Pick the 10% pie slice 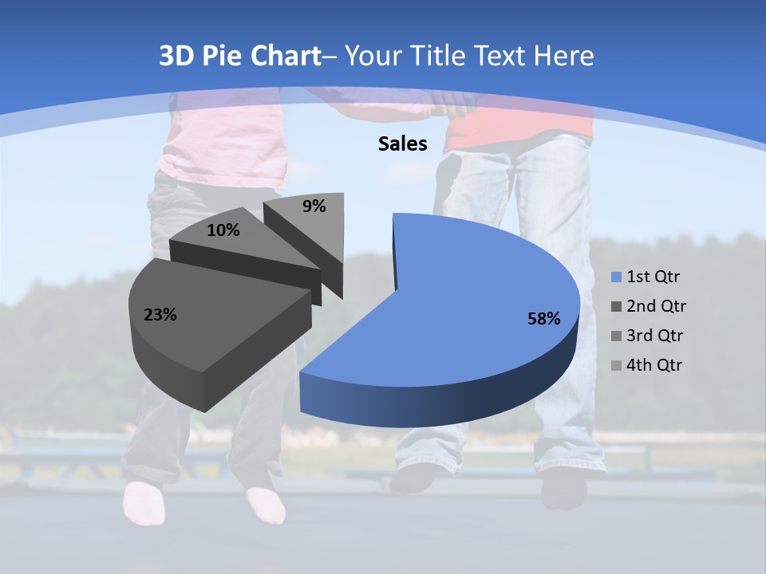[247, 247]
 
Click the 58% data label [543, 319]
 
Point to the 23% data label [160, 315]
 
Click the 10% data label [223, 230]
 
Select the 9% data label [314, 206]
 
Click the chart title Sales [402, 143]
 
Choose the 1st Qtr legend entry [646, 277]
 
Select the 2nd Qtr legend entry [646, 306]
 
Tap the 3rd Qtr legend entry [646, 336]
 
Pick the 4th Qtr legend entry [646, 365]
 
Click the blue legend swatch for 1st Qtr [616, 277]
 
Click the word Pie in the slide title [223, 56]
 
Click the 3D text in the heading [176, 56]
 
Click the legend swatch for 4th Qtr [616, 366]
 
